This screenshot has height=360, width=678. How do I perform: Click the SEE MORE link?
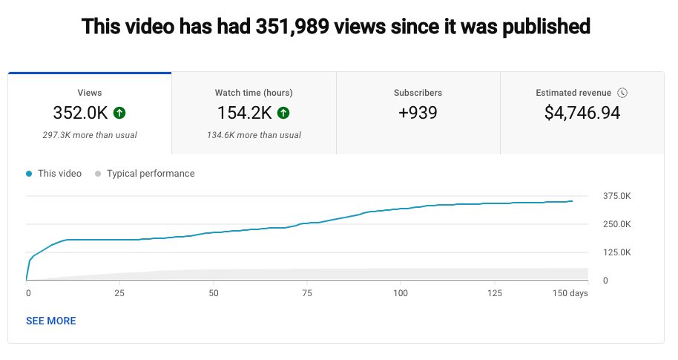coord(50,321)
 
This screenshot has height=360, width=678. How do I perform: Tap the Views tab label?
coord(90,93)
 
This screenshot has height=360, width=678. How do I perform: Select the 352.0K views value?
coord(80,113)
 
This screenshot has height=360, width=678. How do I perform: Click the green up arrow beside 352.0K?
coord(119,113)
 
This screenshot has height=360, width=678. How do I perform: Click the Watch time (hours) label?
coord(254,93)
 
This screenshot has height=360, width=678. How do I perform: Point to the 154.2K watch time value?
coord(244,113)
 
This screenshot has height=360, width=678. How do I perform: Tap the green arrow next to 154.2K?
coord(283,113)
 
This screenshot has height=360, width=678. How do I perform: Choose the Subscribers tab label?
coord(418,93)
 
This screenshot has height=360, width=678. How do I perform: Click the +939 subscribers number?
coord(418,113)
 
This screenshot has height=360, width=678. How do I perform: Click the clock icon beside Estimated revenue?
coord(622,93)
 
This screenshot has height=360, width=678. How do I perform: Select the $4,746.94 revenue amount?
coord(582,113)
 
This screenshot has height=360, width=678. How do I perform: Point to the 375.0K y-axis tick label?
coord(616,196)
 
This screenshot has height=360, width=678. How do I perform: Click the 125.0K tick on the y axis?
coord(616,252)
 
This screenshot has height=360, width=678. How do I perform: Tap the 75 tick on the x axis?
coord(307,293)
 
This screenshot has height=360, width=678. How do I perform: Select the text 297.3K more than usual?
coord(90,135)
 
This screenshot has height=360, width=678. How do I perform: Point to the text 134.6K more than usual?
coord(254,135)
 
